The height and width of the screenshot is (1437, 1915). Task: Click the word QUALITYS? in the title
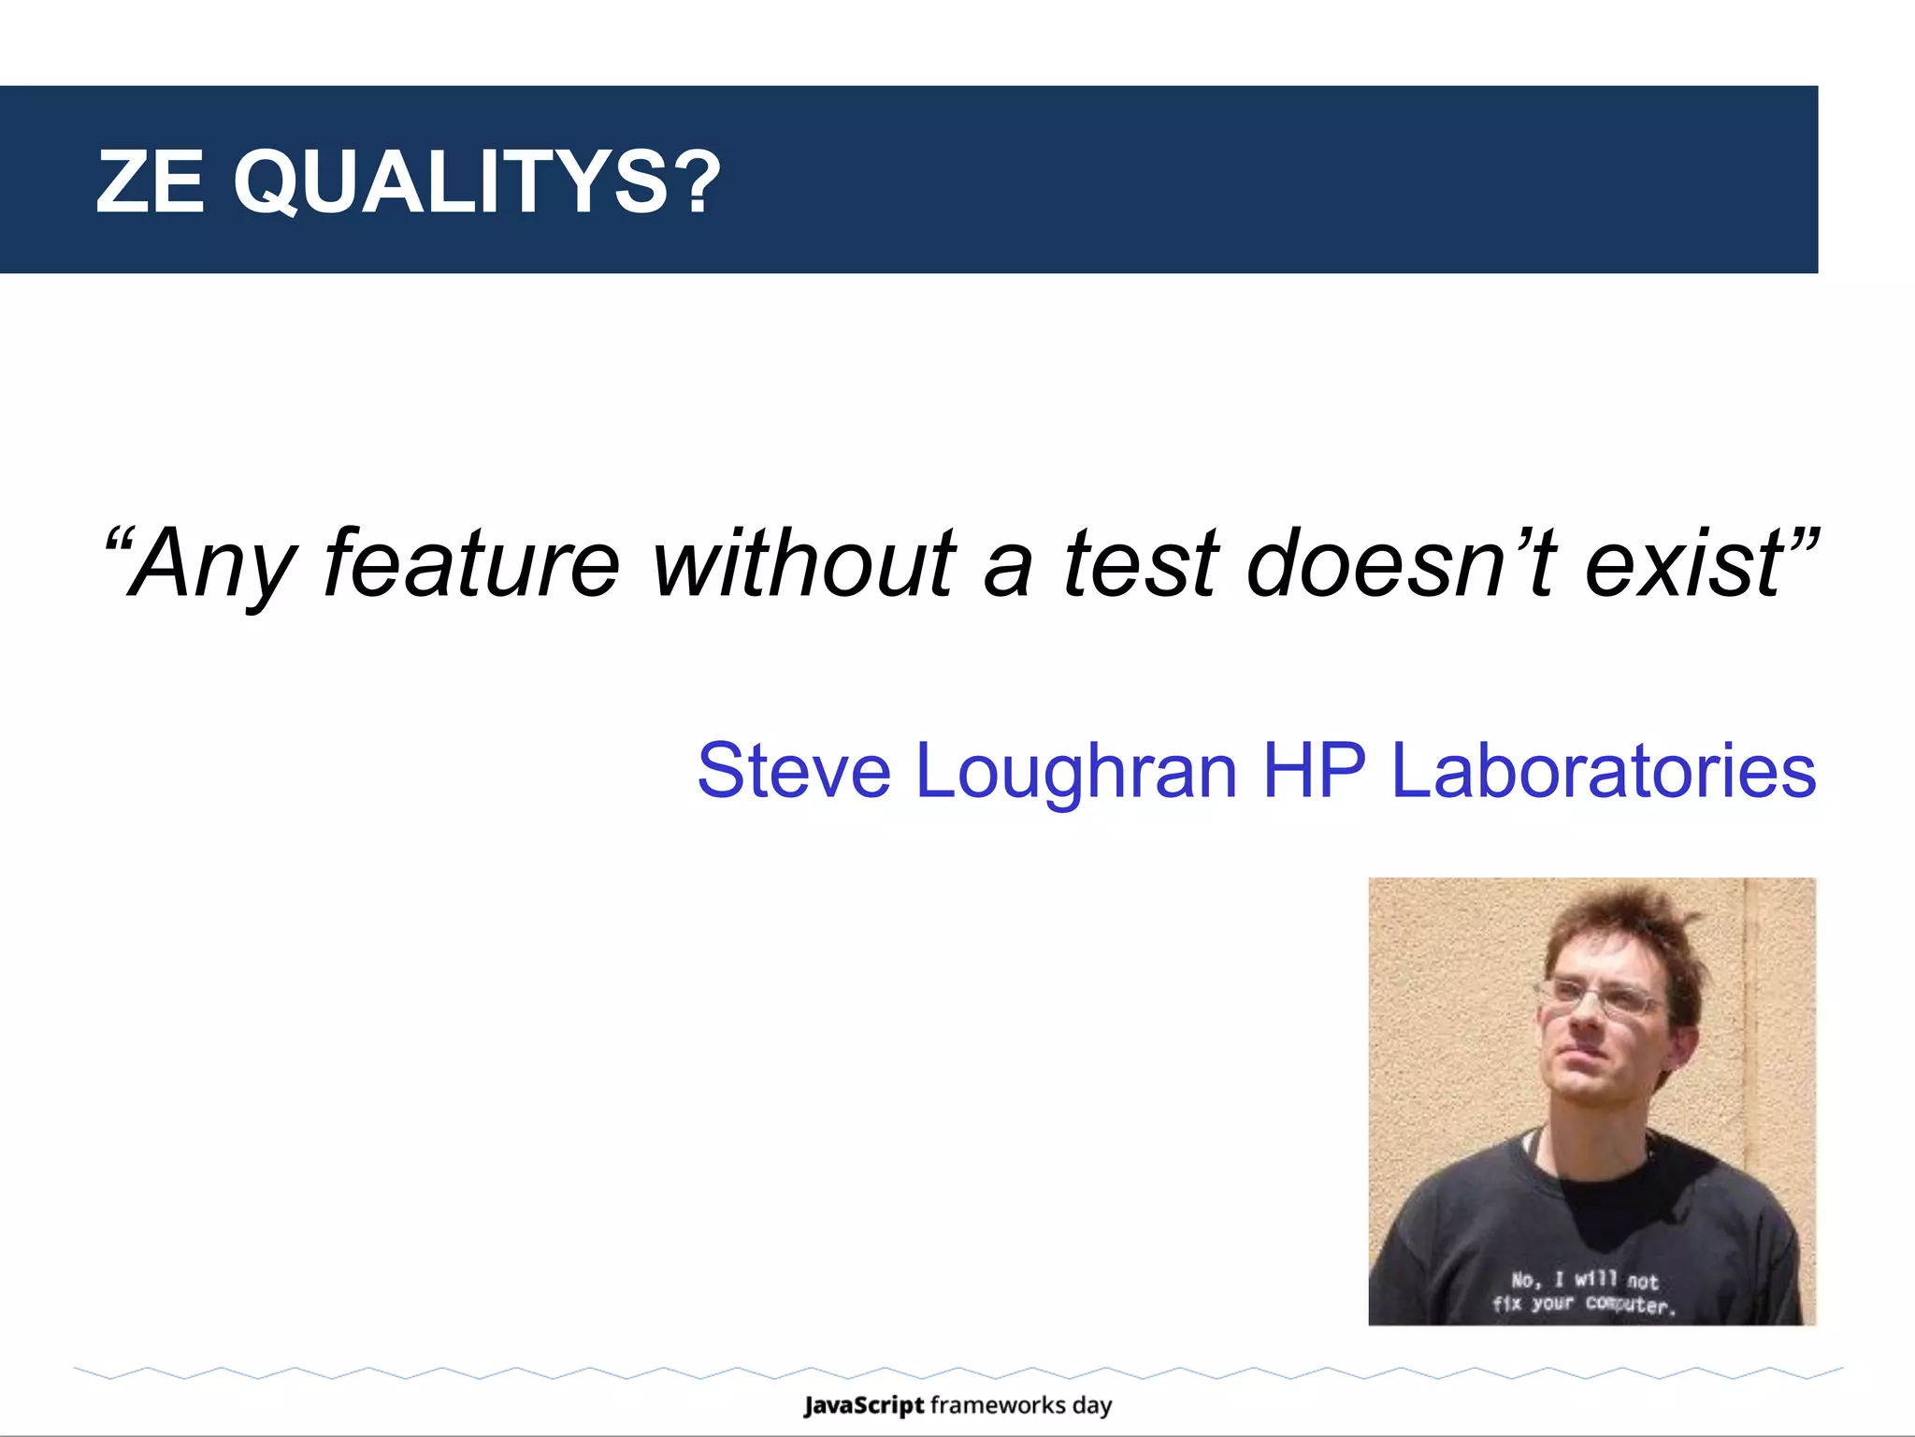pyautogui.click(x=477, y=181)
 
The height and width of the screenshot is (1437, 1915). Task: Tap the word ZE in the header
pyautogui.click(x=150, y=181)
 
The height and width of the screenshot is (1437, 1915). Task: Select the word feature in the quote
pyautogui.click(x=471, y=563)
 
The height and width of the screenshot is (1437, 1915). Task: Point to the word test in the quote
pyautogui.click(x=1142, y=563)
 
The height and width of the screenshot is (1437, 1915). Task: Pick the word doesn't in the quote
pyautogui.click(x=1403, y=563)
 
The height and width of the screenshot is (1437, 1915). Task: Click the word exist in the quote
pyautogui.click(x=1683, y=563)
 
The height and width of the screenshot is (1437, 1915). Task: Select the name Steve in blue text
pyautogui.click(x=794, y=771)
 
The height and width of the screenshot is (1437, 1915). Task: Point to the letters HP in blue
pyautogui.click(x=1314, y=771)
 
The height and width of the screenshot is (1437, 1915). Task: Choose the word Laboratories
pyautogui.click(x=1603, y=771)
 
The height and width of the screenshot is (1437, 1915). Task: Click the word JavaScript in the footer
pyautogui.click(x=863, y=1405)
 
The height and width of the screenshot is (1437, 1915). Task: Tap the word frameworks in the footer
pyautogui.click(x=998, y=1405)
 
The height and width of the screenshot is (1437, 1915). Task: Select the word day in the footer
pyautogui.click(x=1092, y=1406)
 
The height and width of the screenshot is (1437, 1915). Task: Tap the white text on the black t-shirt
pyautogui.click(x=1584, y=1292)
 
